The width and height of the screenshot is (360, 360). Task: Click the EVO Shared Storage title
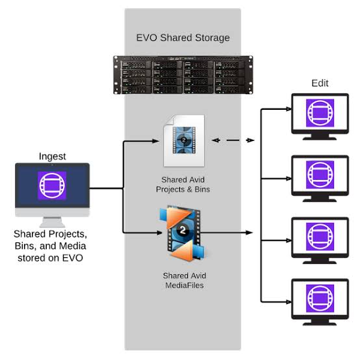click(x=183, y=38)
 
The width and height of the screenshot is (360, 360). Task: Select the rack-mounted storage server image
click(x=183, y=75)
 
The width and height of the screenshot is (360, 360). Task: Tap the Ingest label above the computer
click(x=53, y=157)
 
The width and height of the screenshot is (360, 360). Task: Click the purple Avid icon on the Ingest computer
click(x=52, y=186)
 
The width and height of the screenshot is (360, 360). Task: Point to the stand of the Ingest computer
click(x=52, y=222)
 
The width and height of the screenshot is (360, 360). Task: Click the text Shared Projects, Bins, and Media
click(x=50, y=240)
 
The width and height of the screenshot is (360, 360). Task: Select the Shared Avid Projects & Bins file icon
click(x=184, y=141)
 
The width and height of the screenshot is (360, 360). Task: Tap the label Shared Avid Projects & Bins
click(x=183, y=185)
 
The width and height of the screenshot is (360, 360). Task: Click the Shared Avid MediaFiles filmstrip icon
click(x=183, y=233)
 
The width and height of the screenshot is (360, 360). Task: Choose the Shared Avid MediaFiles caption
click(x=185, y=281)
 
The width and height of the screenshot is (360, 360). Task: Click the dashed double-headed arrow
click(x=233, y=140)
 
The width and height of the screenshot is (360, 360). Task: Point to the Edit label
click(x=320, y=83)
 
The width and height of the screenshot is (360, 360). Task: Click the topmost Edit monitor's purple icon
click(x=320, y=113)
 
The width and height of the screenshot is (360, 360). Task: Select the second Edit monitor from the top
click(x=320, y=179)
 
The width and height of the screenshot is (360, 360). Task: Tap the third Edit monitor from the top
click(x=320, y=240)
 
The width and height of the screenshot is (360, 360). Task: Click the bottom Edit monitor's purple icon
click(x=320, y=298)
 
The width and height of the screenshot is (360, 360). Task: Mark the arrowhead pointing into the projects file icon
click(x=156, y=141)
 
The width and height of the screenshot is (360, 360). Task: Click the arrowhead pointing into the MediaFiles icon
click(x=159, y=233)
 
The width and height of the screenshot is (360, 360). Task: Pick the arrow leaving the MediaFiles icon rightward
click(x=226, y=233)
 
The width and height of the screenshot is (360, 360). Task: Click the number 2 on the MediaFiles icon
click(x=183, y=230)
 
